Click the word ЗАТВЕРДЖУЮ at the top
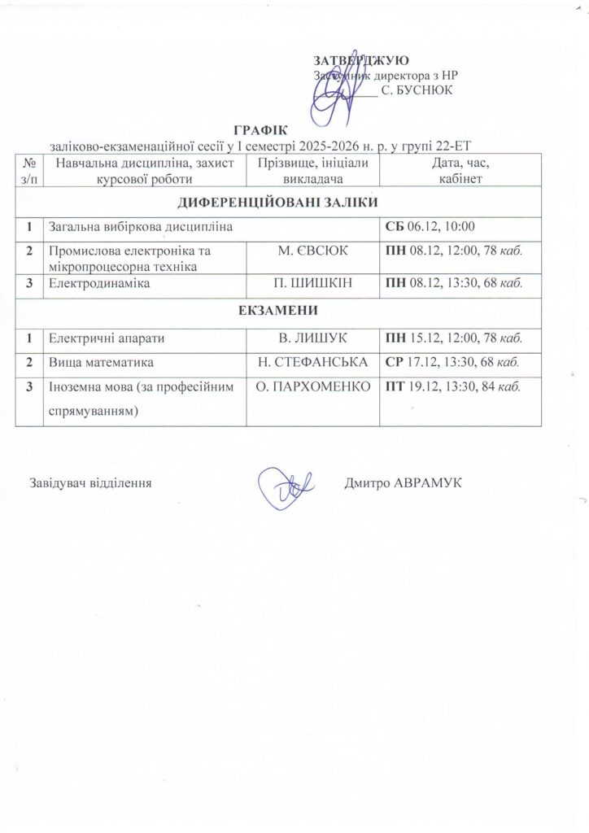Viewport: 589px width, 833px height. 361,61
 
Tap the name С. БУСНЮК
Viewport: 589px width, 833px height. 417,91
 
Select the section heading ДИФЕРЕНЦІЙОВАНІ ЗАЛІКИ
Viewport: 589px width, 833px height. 277,202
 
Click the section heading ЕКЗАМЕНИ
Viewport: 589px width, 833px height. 277,311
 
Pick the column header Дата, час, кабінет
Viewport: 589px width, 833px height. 460,171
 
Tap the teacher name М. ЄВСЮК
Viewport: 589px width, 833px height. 312,251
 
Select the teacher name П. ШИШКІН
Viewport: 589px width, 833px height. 312,284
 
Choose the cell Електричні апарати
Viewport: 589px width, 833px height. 101,337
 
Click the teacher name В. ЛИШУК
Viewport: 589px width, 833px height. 312,337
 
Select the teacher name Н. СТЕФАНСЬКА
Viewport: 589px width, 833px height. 312,361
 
